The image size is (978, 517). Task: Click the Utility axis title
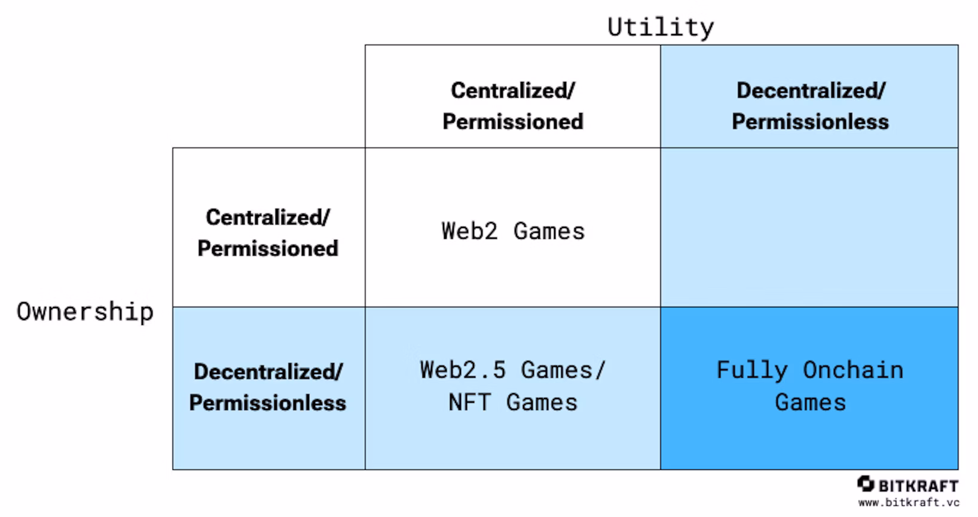[660, 27]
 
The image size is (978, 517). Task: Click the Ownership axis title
[85, 312]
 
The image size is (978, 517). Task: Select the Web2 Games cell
[513, 231]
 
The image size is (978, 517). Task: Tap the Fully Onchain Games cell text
[809, 386]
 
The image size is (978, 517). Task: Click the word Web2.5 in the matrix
[463, 370]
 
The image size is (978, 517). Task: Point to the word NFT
[469, 402]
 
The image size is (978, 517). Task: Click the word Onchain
[852, 370]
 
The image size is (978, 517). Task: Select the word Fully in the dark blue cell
[752, 370]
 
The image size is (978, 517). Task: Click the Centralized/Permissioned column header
[513, 106]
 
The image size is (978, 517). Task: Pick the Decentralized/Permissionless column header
[810, 106]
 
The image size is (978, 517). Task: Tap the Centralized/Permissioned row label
[268, 233]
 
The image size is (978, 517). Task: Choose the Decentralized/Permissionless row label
[268, 387]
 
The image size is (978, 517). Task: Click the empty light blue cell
[809, 227]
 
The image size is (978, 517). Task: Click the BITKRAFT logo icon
[865, 483]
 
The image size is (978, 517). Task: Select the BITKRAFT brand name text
[918, 485]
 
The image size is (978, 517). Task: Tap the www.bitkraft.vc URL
[909, 503]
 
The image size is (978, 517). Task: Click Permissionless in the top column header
[810, 121]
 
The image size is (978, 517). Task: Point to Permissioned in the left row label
[268, 248]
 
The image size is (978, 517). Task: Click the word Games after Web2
[549, 231]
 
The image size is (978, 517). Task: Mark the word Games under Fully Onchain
[810, 402]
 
